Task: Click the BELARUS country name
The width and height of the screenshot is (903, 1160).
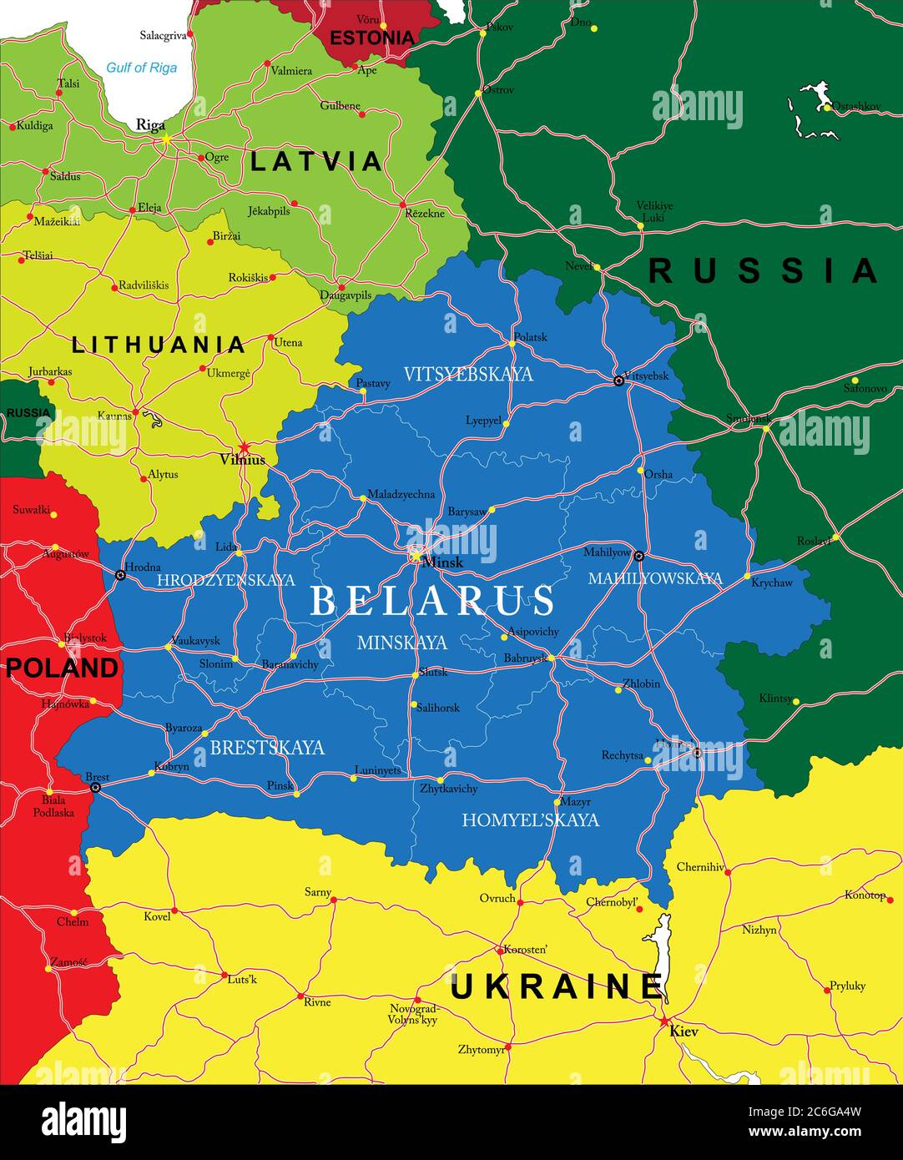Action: (x=432, y=600)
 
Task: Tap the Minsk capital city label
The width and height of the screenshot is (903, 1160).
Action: (x=442, y=562)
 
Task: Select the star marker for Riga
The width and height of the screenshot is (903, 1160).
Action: (x=167, y=139)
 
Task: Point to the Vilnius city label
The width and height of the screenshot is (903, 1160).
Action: (x=242, y=460)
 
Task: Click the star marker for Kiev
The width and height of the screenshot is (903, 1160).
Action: (x=664, y=1021)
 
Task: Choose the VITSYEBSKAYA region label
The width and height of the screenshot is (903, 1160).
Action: (x=467, y=374)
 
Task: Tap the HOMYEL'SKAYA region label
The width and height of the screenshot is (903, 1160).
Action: (x=530, y=820)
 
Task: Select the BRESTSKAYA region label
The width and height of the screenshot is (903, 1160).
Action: (x=267, y=748)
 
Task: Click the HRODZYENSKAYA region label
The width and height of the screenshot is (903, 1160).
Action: (x=225, y=580)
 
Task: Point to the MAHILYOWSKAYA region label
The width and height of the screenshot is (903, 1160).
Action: (x=655, y=578)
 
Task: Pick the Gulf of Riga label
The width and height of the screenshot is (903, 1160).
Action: (x=141, y=68)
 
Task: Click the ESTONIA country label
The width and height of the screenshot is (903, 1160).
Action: (x=371, y=38)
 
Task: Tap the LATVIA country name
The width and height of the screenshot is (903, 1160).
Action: (x=316, y=161)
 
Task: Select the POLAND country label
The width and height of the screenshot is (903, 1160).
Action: (x=62, y=668)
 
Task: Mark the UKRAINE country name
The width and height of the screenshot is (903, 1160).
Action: (x=557, y=986)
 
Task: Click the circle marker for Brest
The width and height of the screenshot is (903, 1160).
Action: (x=96, y=787)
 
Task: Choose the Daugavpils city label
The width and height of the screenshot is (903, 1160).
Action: (x=346, y=295)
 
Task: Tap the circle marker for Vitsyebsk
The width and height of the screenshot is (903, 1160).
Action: (x=618, y=381)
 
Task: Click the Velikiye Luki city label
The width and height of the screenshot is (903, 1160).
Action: (x=654, y=211)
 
